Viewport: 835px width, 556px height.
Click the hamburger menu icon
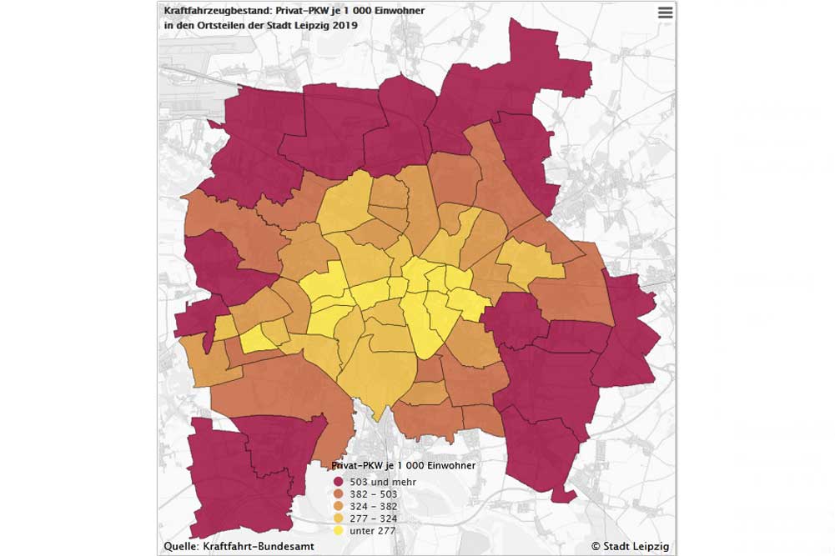pyautogui.click(x=665, y=13)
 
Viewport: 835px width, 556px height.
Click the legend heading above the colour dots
pyautogui.click(x=404, y=465)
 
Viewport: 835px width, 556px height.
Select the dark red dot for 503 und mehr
pyautogui.click(x=339, y=482)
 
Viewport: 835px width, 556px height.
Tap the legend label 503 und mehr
pyautogui.click(x=382, y=482)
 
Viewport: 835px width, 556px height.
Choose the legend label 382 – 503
pyautogui.click(x=375, y=494)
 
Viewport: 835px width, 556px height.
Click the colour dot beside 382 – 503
pyautogui.click(x=339, y=494)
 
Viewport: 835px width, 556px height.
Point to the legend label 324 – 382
pyautogui.click(x=375, y=506)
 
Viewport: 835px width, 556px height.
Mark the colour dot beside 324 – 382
pyautogui.click(x=339, y=506)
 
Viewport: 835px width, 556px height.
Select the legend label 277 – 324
pyautogui.click(x=375, y=518)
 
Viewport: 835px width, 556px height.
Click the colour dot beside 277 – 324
pyautogui.click(x=339, y=518)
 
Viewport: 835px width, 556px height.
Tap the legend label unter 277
pyautogui.click(x=373, y=530)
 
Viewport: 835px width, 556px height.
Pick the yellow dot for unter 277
pyautogui.click(x=339, y=530)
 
